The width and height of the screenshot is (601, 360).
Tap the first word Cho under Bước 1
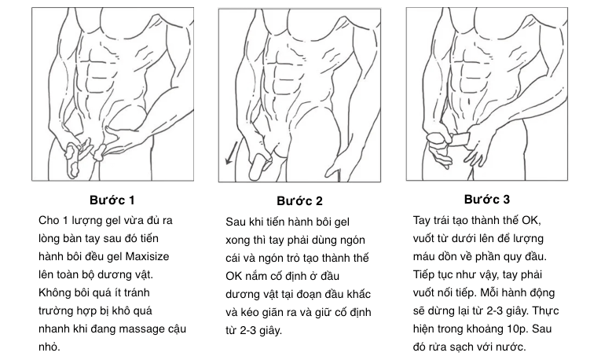point(49,220)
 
